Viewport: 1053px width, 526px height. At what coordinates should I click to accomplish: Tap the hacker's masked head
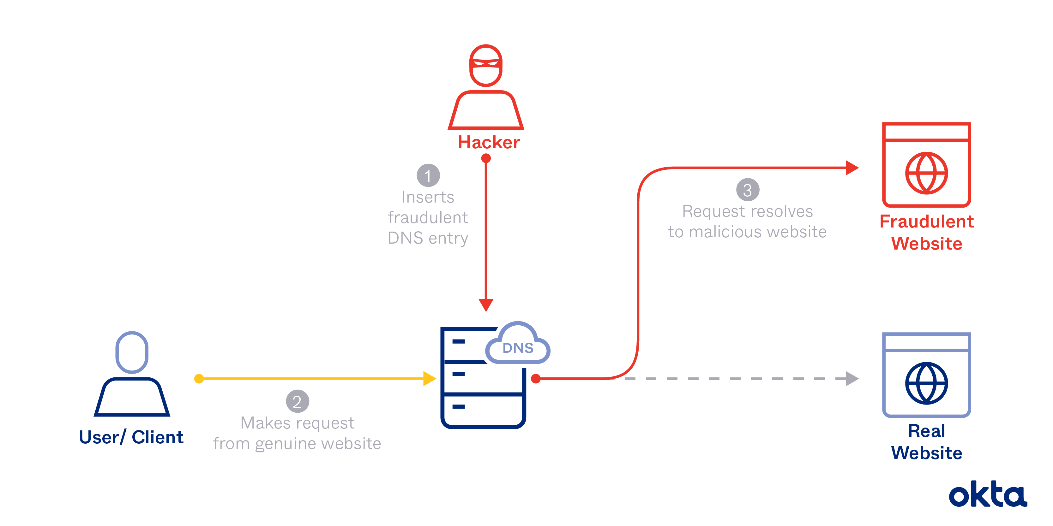(486, 66)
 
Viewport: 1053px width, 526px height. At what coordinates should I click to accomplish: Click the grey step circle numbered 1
(428, 176)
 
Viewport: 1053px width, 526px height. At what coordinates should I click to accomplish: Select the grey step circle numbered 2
(297, 401)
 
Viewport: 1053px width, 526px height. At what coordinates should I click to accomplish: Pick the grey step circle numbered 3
(748, 190)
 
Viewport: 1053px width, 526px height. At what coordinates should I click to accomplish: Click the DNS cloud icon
(518, 346)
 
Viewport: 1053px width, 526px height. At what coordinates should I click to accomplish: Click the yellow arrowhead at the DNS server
(429, 379)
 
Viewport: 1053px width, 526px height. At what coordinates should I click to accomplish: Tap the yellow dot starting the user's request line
(199, 379)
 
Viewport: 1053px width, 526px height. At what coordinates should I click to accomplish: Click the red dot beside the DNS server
(535, 379)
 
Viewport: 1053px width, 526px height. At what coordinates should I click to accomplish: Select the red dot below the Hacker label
(486, 158)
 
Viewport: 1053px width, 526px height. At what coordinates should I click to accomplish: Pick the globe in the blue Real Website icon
(926, 383)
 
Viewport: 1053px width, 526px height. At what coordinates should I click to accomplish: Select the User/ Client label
(131, 437)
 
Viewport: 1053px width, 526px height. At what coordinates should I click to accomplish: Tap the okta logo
(988, 494)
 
